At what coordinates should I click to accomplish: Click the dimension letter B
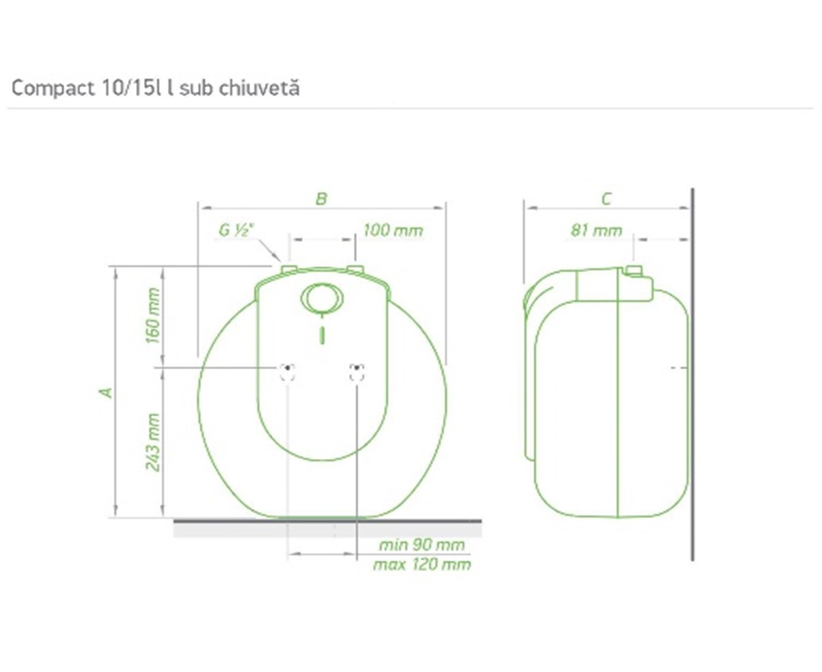pos(321,199)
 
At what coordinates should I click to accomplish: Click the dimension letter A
pos(106,392)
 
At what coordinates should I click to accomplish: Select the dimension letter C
pos(606,199)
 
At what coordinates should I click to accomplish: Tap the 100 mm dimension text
pos(393,230)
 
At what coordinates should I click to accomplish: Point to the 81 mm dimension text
pos(596,231)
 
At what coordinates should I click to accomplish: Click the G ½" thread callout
pos(236,230)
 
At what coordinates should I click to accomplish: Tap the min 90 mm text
pos(422,545)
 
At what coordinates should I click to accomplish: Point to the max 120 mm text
pos(422,564)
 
